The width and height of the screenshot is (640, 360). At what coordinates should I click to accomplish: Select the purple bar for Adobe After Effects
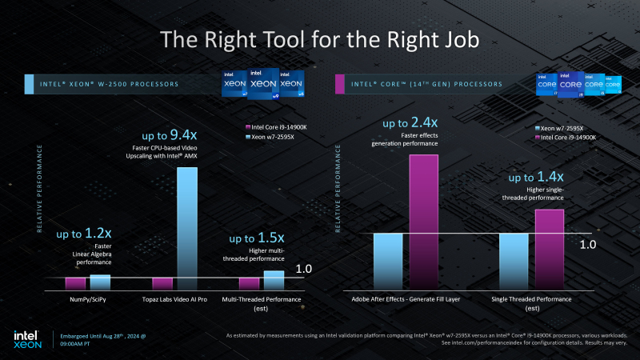424,221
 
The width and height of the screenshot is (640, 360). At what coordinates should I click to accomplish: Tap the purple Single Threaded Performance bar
550,248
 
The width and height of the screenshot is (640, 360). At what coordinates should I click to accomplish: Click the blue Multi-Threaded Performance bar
274,279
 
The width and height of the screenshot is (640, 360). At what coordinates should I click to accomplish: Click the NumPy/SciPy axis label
87,299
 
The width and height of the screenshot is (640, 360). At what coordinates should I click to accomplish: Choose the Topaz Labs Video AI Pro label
174,299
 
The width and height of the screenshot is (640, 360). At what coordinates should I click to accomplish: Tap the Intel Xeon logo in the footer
26,340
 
